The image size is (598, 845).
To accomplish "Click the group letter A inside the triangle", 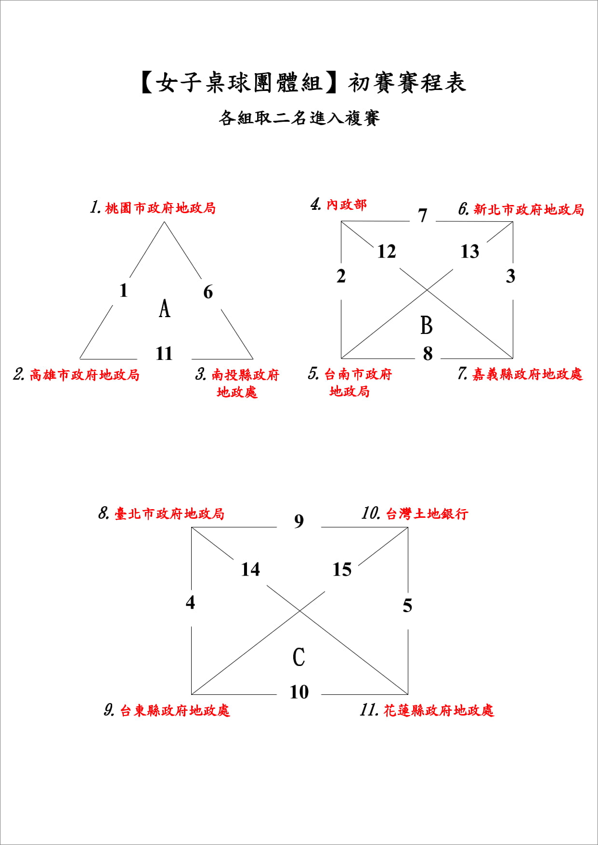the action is point(165,308).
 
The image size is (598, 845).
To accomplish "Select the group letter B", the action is point(427,325).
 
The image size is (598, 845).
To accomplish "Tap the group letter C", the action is point(299,657).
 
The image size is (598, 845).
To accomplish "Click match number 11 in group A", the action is point(164,354).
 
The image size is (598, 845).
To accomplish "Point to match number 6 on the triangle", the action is point(208,292).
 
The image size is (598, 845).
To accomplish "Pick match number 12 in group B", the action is point(387,251).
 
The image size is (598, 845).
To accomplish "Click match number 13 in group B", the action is point(470,251).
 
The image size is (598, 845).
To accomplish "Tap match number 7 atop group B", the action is point(423,215).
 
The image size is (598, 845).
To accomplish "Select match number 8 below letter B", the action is point(428,354).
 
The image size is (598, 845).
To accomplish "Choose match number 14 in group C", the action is point(250,569).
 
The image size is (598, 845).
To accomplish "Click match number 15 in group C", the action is point(342,569).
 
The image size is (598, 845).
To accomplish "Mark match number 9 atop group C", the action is point(299,521).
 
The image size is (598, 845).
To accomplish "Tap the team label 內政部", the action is point(347,205).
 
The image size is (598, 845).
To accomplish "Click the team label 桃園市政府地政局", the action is point(160,208).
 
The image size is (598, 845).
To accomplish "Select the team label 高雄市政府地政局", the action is point(85,375).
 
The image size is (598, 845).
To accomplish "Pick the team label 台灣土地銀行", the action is point(427,514).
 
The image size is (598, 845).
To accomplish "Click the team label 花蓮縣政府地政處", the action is point(439,710).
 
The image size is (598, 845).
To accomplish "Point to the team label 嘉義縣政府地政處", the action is point(528,374).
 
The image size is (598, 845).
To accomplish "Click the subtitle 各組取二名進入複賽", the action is point(299,118).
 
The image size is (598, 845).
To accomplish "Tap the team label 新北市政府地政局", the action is point(529,209).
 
